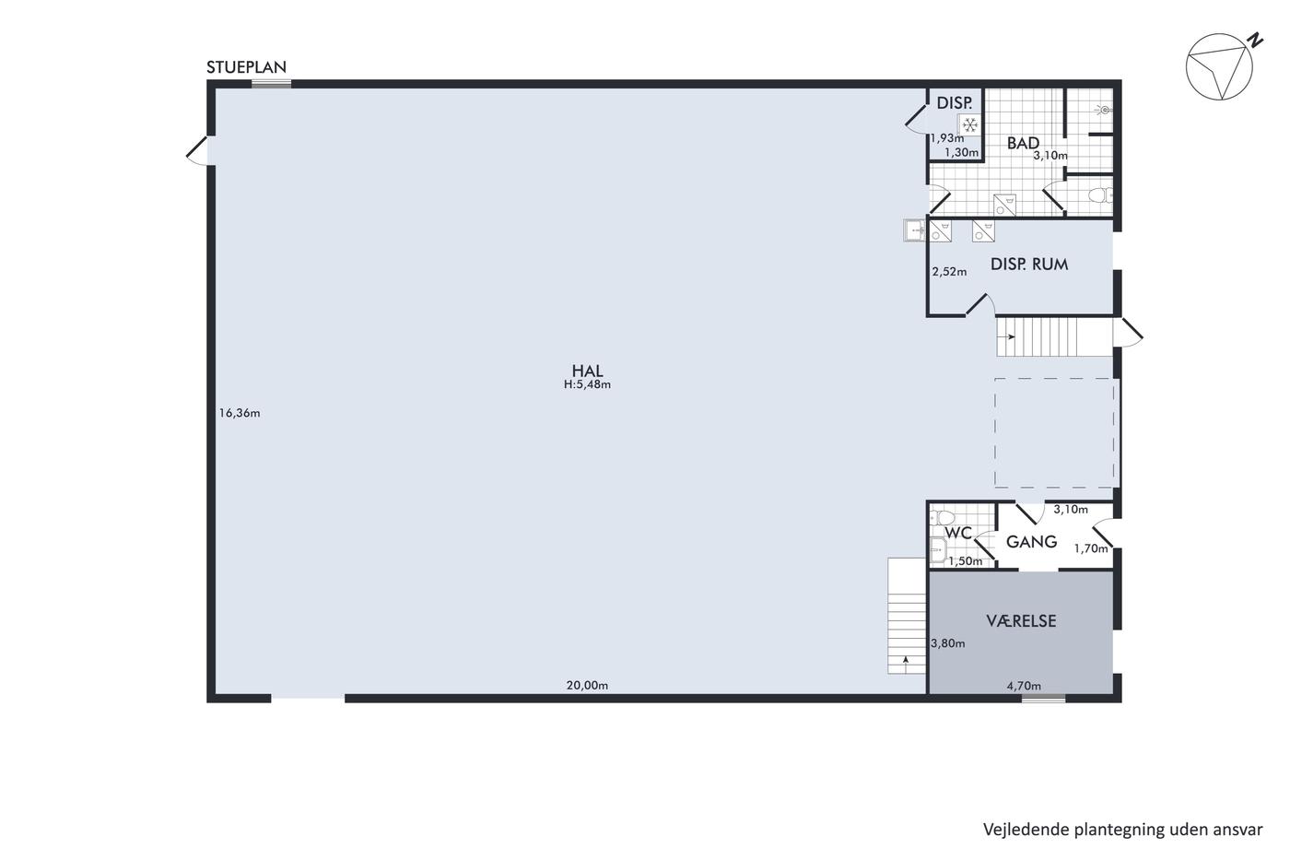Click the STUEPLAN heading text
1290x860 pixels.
(246, 67)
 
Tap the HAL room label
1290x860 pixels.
(587, 371)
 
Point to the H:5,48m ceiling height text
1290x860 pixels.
(587, 384)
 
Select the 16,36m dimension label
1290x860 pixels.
(240, 413)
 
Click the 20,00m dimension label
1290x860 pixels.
(587, 686)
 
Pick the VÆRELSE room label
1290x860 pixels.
(1021, 621)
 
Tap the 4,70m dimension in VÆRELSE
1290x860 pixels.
(1024, 686)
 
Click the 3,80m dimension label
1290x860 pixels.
(948, 643)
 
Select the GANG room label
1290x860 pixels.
(1031, 541)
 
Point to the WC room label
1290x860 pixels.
(958, 534)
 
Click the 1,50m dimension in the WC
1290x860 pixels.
(966, 561)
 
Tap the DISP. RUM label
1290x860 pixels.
(1029, 265)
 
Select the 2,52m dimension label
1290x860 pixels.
(950, 272)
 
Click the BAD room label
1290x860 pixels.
(1023, 143)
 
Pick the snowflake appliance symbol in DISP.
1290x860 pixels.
(970, 124)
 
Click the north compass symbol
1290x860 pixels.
(1219, 66)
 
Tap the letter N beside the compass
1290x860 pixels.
(1255, 41)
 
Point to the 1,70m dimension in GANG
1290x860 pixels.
(1091, 549)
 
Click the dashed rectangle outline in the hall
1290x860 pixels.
(995, 433)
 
